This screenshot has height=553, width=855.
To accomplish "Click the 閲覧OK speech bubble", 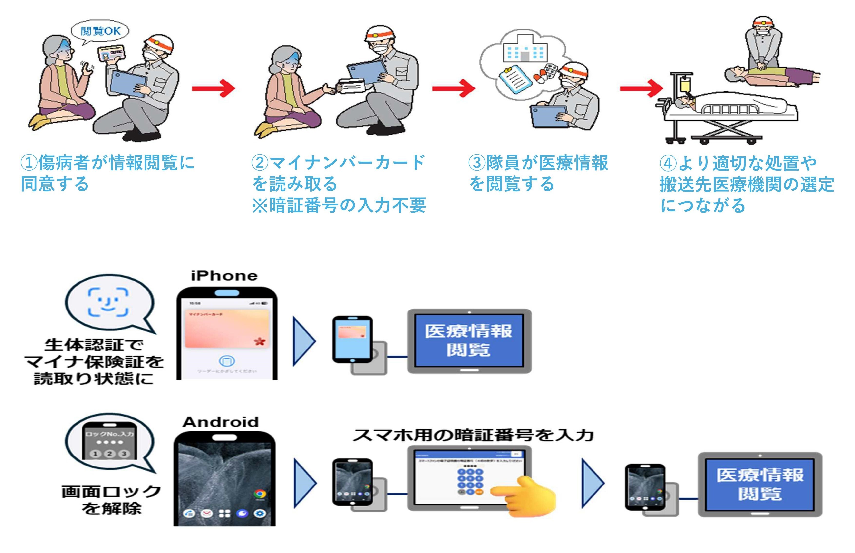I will coord(100,31).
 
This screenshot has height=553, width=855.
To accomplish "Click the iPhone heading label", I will coord(224,276).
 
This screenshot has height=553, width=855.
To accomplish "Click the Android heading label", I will coord(221,422).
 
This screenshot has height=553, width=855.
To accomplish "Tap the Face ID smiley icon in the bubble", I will coord(108,302).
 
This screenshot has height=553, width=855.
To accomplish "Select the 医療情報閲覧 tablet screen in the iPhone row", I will coord(469,340).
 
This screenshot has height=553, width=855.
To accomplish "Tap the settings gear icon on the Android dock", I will coord(260,514).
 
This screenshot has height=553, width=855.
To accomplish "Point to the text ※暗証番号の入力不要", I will coord(339,205).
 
